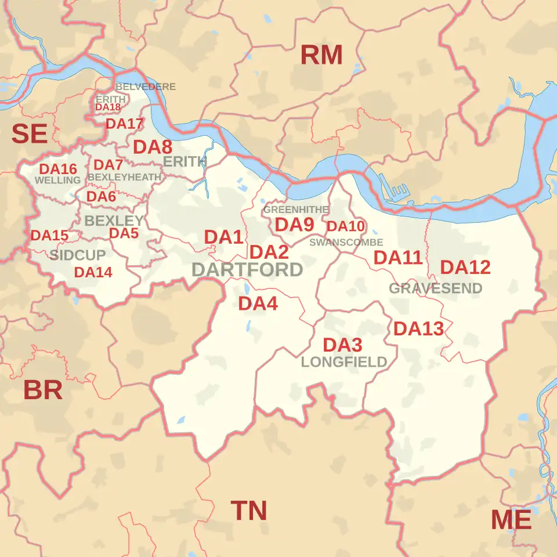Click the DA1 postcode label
pos(223,237)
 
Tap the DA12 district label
pos(465,267)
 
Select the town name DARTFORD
pos(247,270)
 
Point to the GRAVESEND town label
pos(436,288)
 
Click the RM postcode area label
pos(321,56)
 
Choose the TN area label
pos(249,511)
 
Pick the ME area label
pos(511,520)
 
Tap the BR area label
pos(43,390)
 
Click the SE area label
pos(29,135)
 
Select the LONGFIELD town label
pos(344,363)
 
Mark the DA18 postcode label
pos(108,107)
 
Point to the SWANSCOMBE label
pos(346,242)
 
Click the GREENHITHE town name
pos(296,209)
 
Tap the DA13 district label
pos(418,329)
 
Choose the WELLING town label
pos(57,180)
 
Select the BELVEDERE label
pos(145,86)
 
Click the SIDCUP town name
pos(78,255)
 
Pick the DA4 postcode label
pos(258,303)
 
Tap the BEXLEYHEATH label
pos(125,177)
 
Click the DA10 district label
pos(345,226)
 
